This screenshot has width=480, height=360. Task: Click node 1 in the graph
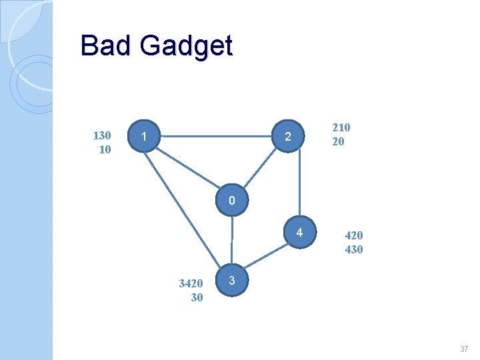[x=145, y=137]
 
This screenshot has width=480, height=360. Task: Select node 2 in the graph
[x=287, y=137]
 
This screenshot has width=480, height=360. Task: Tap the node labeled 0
[x=231, y=201]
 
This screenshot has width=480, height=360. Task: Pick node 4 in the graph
[x=300, y=233]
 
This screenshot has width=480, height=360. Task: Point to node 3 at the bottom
[x=231, y=280]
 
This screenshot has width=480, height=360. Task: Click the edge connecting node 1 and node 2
[x=216, y=137]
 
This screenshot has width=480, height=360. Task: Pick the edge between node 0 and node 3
[x=231, y=240]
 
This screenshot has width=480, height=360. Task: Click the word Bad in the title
[x=106, y=46]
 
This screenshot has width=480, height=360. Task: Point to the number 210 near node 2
[x=341, y=127]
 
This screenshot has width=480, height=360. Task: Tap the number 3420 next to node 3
[x=191, y=283]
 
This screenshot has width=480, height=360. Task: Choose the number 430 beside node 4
[x=353, y=249]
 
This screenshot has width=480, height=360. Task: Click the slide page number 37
[x=464, y=349]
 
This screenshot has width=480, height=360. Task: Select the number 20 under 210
[x=338, y=141]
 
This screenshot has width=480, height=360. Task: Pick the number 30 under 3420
[x=197, y=297]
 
